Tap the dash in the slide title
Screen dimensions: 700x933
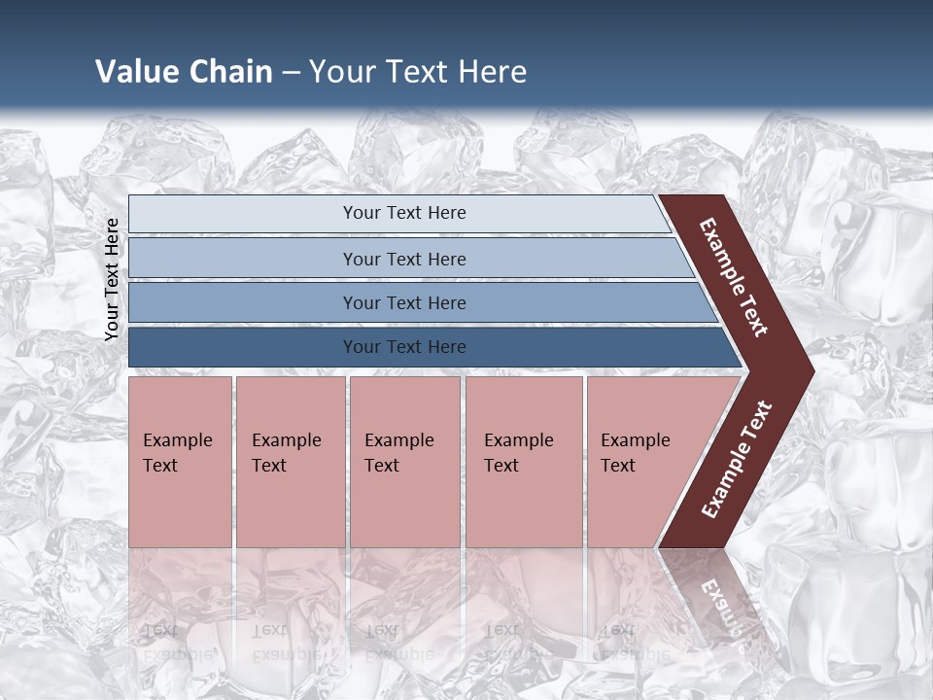pos(291,73)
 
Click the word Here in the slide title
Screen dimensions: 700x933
pos(492,72)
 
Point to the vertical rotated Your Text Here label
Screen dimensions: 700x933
pos(112,279)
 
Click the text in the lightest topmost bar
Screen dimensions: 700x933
pos(404,213)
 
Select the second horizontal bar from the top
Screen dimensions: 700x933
pos(404,259)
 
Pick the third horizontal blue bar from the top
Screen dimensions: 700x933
pos(404,303)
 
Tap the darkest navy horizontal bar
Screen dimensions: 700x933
pos(404,347)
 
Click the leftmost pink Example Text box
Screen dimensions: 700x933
pos(180,462)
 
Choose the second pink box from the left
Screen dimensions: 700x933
pos(290,462)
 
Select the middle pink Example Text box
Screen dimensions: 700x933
pos(404,462)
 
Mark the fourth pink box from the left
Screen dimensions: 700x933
pos(524,462)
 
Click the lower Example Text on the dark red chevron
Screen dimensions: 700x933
pos(736,459)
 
